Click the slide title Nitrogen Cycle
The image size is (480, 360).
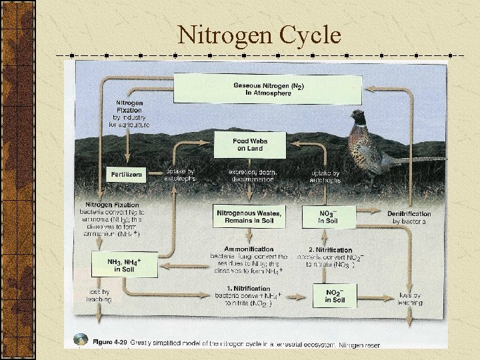259,34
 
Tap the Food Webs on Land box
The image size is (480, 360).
249,145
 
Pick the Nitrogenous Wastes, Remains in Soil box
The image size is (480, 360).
249,217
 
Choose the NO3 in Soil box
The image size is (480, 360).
328,217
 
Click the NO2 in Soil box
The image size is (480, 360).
334,297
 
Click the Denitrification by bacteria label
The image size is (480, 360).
409,217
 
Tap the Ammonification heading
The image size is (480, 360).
249,249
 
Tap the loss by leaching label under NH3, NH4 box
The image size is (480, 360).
99,295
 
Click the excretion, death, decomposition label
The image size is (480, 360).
249,175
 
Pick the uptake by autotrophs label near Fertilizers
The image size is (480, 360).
181,175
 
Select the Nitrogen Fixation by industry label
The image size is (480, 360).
129,114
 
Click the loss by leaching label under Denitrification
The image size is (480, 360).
410,299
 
